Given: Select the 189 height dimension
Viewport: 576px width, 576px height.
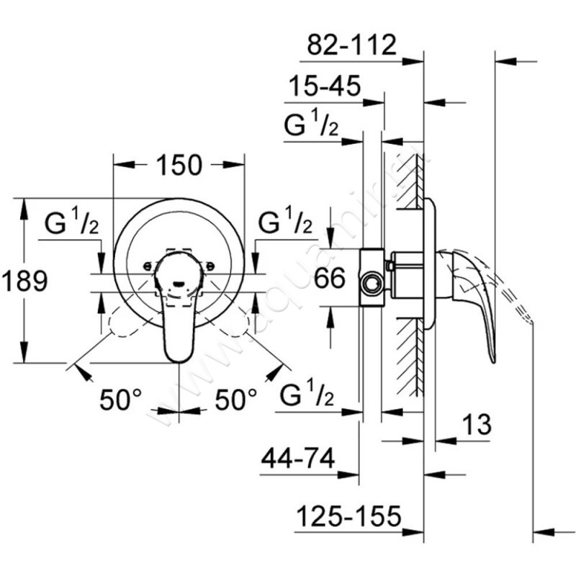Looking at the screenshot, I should pos(24,280).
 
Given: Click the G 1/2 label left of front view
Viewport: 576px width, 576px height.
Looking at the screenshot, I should pos(71,223).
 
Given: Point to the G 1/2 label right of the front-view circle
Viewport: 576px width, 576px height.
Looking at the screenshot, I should pos(284,223).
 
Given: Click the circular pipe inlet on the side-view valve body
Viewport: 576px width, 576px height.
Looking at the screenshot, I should pos(372,283).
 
